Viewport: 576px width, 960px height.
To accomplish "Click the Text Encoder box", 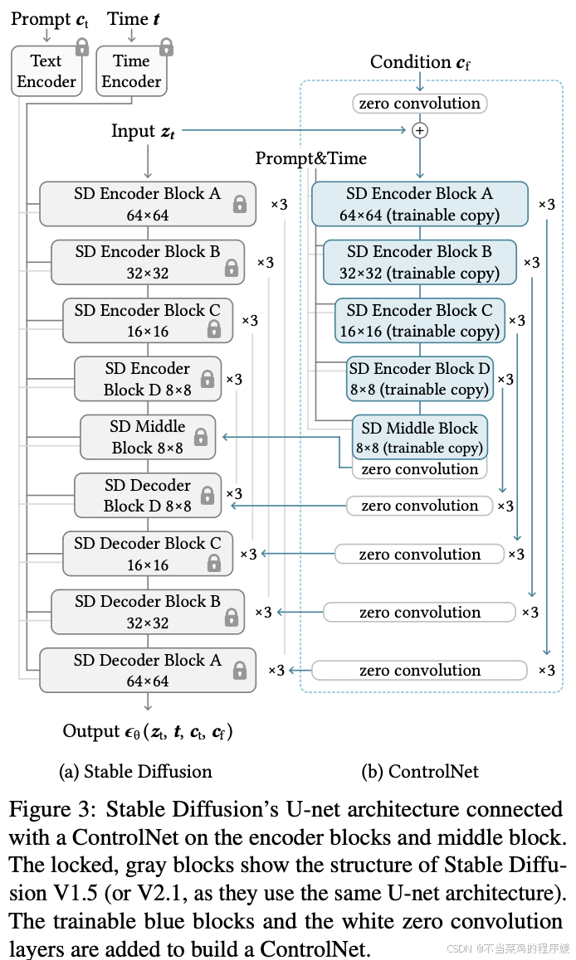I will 46,71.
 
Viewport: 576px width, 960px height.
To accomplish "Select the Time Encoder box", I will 131,71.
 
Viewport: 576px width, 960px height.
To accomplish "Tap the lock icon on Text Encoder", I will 81,47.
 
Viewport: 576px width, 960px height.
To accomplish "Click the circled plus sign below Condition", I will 420,130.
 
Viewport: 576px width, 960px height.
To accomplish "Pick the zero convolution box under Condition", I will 420,104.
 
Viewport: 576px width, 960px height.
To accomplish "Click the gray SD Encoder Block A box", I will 147,204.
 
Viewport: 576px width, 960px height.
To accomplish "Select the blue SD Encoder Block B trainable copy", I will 419,262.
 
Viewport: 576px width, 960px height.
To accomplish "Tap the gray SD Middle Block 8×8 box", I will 147,437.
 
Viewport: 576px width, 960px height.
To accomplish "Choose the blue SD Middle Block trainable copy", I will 419,437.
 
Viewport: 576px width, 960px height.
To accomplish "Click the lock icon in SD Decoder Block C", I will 214,563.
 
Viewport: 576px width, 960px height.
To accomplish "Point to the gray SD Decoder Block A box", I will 147,671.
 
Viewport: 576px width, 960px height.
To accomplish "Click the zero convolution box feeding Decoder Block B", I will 419,613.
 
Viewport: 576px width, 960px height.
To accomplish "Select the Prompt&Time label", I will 310,158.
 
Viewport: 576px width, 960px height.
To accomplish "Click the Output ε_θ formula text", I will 148,731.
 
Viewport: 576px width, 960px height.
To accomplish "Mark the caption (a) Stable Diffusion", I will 135,771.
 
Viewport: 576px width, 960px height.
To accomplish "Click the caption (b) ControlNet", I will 420,771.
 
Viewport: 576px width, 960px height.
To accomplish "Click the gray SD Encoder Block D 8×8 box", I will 147,379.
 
